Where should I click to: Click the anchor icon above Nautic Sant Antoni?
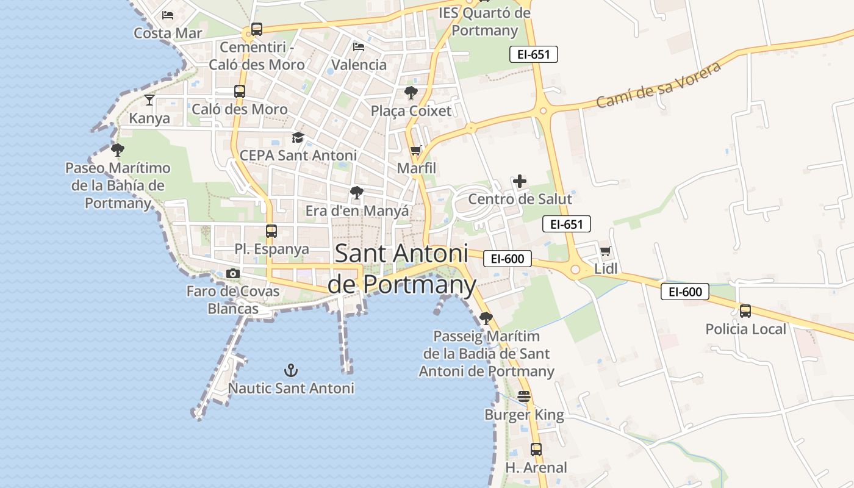[291, 370]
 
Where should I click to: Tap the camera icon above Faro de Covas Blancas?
[232, 274]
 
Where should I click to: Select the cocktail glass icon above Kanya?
[149, 99]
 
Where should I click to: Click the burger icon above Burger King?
[524, 396]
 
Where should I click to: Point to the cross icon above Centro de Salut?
[520, 181]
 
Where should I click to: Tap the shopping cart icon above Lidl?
[606, 251]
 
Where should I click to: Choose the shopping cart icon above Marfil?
[416, 150]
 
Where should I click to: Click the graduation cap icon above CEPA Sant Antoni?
[298, 137]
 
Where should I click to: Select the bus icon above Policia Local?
[745, 311]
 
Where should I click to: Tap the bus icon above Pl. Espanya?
[271, 231]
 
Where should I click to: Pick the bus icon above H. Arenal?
[536, 450]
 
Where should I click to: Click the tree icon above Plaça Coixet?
[411, 93]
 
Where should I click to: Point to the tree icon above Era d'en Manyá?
[357, 193]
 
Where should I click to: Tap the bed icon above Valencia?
[359, 46]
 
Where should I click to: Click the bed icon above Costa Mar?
[168, 15]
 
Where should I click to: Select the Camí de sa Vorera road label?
[658, 84]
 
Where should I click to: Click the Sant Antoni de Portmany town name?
[401, 269]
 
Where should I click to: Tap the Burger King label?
[524, 415]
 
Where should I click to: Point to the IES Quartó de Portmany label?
[485, 21]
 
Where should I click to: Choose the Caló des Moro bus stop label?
[239, 109]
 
